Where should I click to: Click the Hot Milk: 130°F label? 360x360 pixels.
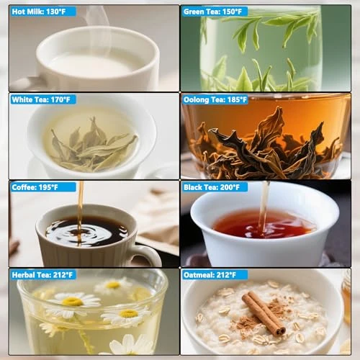coord(39,12)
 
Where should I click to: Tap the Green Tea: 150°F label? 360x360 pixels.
coord(212,12)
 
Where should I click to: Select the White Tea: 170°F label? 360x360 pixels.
coord(41,99)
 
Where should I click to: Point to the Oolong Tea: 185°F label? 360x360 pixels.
coord(215,99)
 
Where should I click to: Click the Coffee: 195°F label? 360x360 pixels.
coord(35,187)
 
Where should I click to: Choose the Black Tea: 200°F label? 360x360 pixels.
coord(212,187)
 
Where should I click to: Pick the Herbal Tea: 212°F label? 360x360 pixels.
coord(42,275)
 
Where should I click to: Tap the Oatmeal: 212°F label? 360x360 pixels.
coord(210,275)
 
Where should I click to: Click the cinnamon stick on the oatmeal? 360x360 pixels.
coord(264,312)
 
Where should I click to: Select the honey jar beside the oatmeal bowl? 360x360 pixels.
coord(346,297)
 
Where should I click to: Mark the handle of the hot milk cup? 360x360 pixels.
coord(27,84)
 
